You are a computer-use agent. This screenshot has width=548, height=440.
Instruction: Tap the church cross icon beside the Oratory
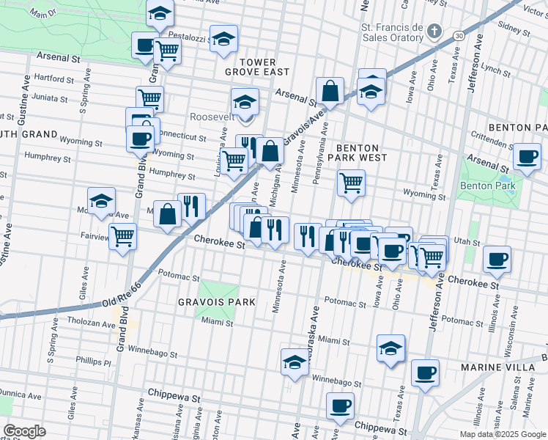tap(435, 31)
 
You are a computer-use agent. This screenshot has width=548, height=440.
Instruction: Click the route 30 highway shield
tap(458, 34)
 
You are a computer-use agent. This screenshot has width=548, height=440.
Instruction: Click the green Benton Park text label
tap(487, 186)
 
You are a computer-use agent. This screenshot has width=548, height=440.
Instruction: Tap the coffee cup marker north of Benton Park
tap(527, 156)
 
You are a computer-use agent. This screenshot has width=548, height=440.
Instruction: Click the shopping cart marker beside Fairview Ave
tap(123, 236)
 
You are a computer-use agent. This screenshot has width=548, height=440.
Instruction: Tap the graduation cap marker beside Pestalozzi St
tap(223, 39)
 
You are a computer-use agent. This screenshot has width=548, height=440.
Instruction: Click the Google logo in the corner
tap(24, 431)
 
